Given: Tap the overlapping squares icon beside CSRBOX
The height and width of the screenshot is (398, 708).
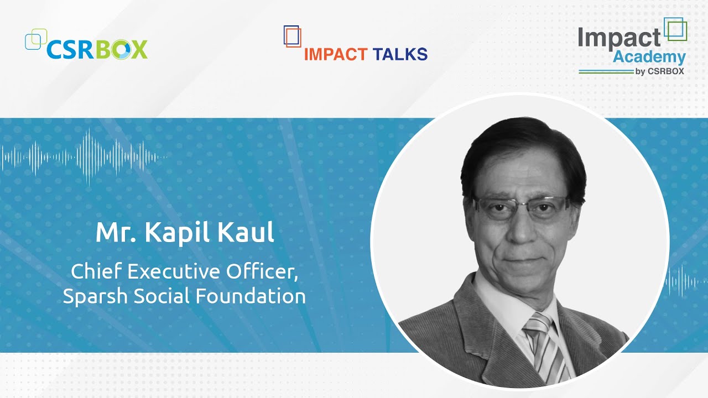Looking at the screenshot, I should [x=35, y=39].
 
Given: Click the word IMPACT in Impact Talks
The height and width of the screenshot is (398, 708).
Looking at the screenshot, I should [x=336, y=54].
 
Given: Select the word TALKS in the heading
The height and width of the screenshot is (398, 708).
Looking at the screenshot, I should [x=400, y=54].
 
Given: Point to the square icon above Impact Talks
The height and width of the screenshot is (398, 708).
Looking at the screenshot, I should [x=292, y=36].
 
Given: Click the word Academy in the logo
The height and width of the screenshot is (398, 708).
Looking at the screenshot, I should [x=649, y=56].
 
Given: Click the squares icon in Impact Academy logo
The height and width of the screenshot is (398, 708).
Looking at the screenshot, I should [x=675, y=29].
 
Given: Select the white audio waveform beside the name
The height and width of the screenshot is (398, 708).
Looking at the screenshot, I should [x=83, y=157].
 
